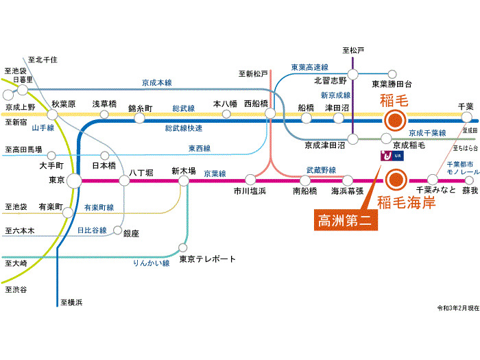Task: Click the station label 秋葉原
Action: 62,105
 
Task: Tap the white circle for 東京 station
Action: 75,181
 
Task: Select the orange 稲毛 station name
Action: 394,101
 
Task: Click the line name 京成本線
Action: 157,83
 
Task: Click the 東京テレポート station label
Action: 207,259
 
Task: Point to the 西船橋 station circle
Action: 269,115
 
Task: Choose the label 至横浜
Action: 71,302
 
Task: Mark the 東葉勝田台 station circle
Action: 392,74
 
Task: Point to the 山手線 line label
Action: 43,128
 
